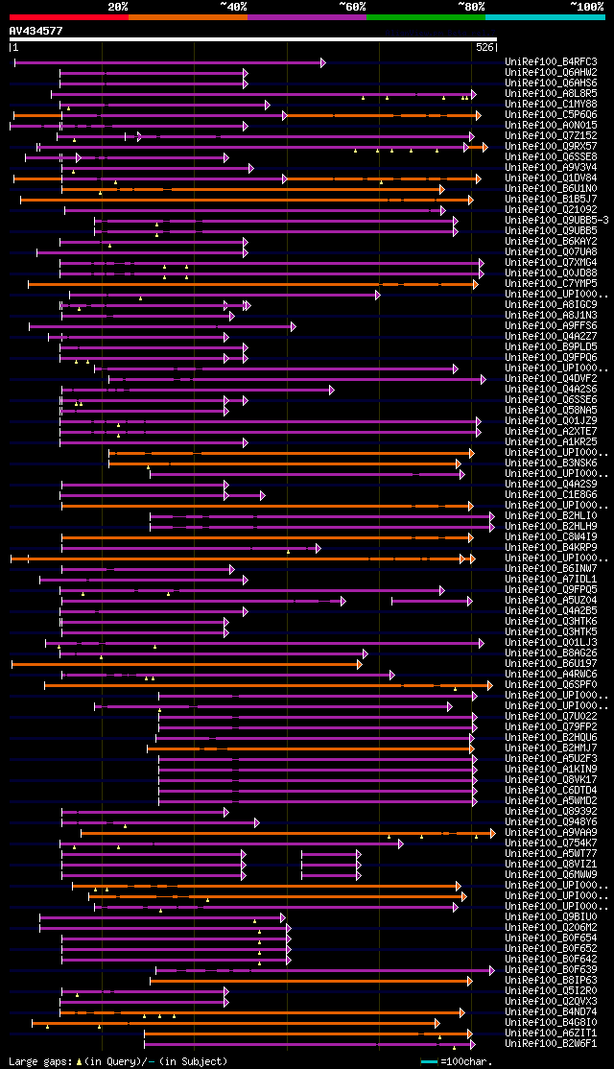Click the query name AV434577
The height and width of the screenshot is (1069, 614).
pos(35,31)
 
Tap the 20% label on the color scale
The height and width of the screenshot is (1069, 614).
pos(118,6)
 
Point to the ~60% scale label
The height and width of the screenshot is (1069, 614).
pos(352,6)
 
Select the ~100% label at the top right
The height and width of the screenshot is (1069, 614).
pos(586,6)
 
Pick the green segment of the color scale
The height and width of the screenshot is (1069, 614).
pos(425,17)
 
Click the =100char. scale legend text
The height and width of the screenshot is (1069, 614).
pos(465,1062)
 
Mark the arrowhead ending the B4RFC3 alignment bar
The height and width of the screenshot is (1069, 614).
pos(322,62)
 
